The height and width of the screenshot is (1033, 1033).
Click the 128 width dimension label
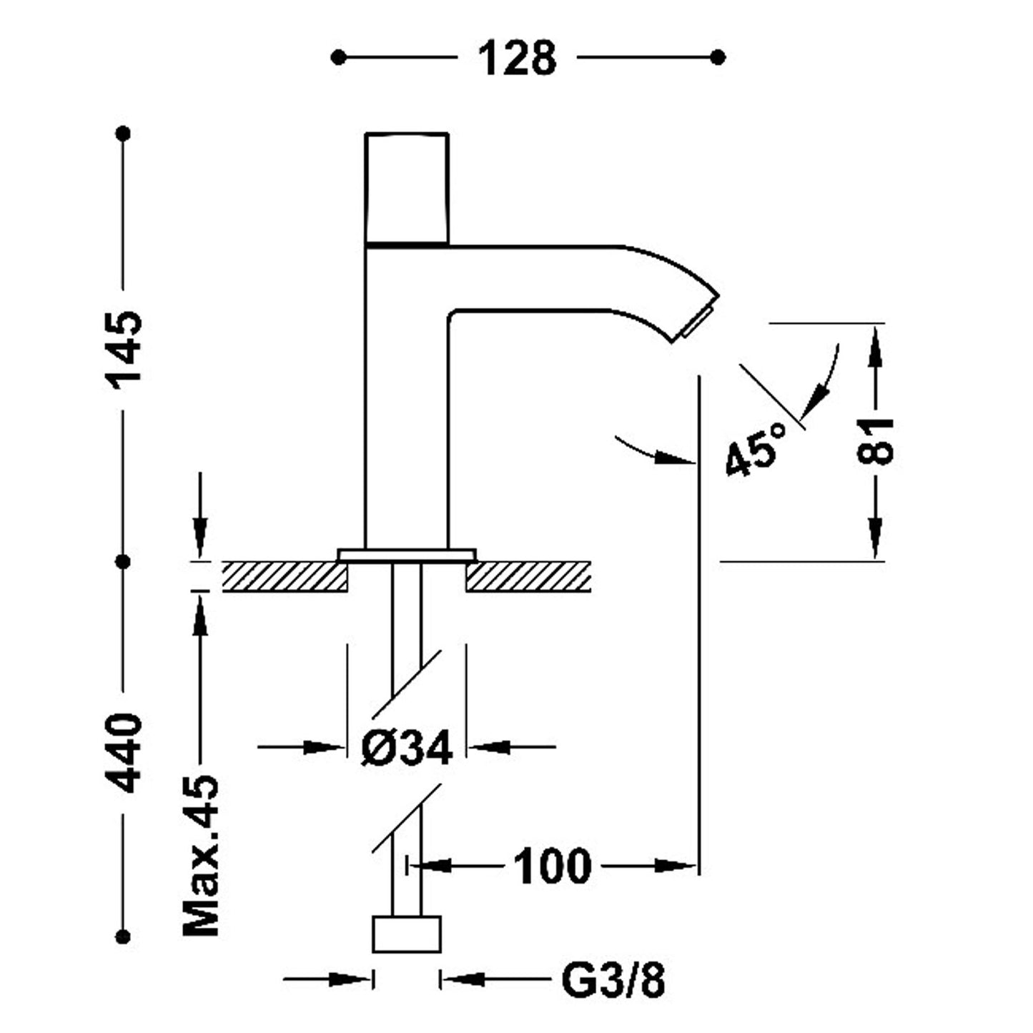[517, 58]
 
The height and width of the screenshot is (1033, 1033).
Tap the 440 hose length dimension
[126, 752]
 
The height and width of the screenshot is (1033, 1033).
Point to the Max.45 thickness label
[201, 854]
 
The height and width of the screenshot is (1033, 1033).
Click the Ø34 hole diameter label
[407, 748]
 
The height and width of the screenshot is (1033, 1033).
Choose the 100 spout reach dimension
[553, 866]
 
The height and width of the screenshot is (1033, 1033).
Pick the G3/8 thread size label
[613, 980]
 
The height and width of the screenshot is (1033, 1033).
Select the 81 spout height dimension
[875, 440]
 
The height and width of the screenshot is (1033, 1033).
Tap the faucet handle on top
[406, 187]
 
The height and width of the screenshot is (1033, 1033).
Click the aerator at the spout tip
[697, 324]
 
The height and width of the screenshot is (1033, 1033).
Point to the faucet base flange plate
[407, 555]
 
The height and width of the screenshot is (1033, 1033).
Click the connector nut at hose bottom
[407, 934]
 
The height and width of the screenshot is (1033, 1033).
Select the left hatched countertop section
[285, 577]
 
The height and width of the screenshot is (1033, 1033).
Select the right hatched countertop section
[528, 577]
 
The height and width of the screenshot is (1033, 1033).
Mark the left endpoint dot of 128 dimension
[339, 57]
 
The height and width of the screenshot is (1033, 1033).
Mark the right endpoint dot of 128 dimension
[718, 57]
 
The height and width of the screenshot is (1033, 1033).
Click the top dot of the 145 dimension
[124, 133]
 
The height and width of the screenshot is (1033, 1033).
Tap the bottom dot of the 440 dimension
[124, 936]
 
